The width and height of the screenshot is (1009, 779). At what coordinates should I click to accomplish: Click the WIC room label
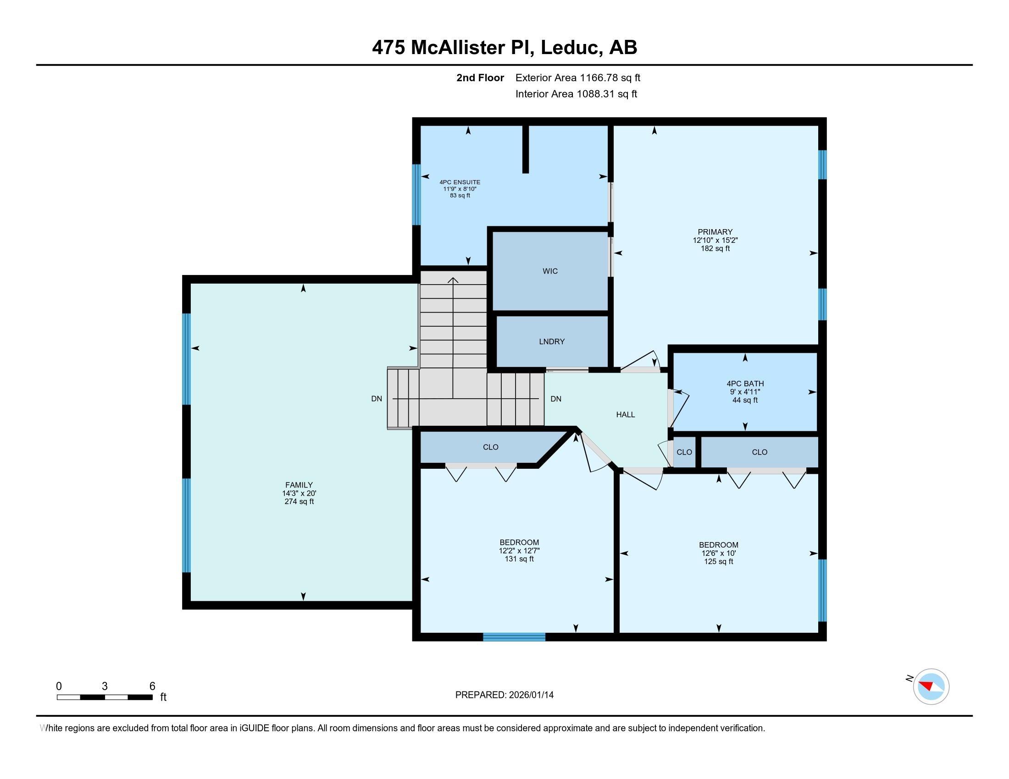[550, 271]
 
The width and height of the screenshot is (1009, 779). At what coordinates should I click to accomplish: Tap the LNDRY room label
[552, 341]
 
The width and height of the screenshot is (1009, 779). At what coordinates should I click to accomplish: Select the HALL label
[625, 415]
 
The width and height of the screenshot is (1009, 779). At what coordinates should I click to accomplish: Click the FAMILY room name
[299, 485]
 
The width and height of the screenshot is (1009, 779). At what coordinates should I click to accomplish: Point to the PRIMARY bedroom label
[715, 232]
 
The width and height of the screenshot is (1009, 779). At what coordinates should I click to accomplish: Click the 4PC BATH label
[745, 384]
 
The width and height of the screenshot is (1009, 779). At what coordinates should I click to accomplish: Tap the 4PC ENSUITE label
[460, 182]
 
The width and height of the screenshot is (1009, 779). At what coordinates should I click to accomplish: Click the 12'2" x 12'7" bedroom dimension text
[519, 551]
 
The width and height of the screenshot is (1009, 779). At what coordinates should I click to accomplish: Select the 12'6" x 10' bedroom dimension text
[718, 554]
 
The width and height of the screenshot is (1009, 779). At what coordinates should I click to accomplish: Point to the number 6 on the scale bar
[152, 686]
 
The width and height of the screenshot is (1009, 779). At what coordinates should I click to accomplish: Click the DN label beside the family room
[377, 399]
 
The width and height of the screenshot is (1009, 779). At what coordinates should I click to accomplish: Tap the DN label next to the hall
[556, 399]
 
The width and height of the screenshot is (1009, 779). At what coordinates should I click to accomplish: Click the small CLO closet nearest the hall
[684, 452]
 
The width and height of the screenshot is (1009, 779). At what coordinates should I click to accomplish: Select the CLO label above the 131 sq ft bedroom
[490, 447]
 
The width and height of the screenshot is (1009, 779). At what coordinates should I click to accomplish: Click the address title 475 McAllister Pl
[504, 48]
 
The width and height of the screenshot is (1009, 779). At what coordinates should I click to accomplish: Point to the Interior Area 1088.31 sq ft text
[576, 94]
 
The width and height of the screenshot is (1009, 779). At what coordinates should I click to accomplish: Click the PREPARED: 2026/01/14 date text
[504, 695]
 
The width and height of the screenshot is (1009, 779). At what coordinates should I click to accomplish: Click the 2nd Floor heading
[480, 78]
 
